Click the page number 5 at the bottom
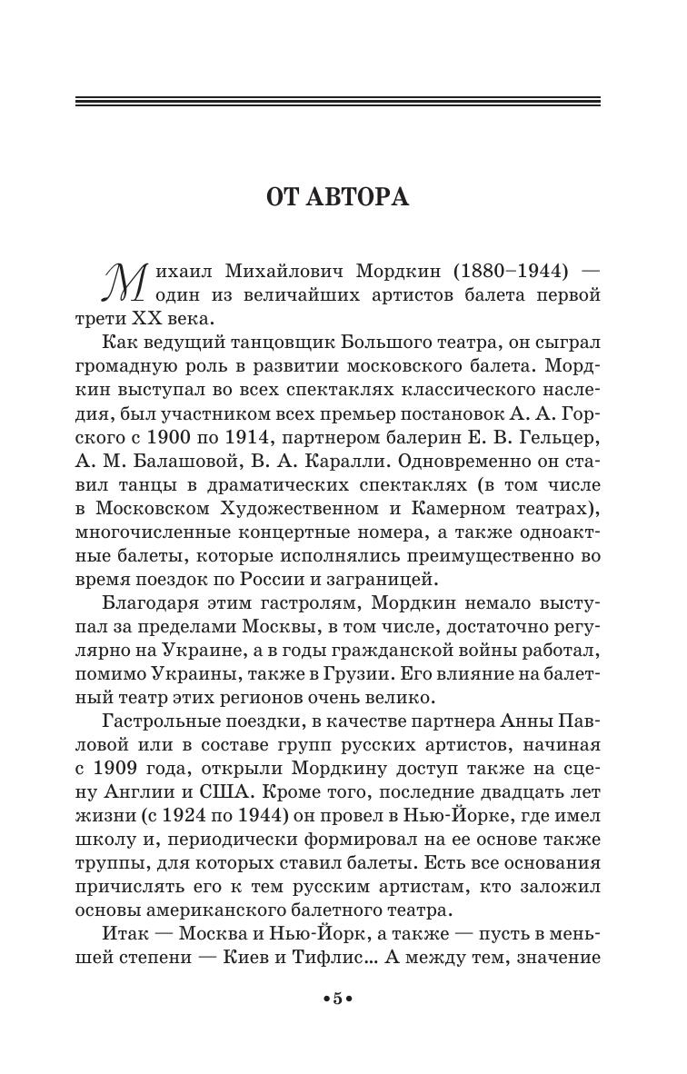click(x=337, y=999)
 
